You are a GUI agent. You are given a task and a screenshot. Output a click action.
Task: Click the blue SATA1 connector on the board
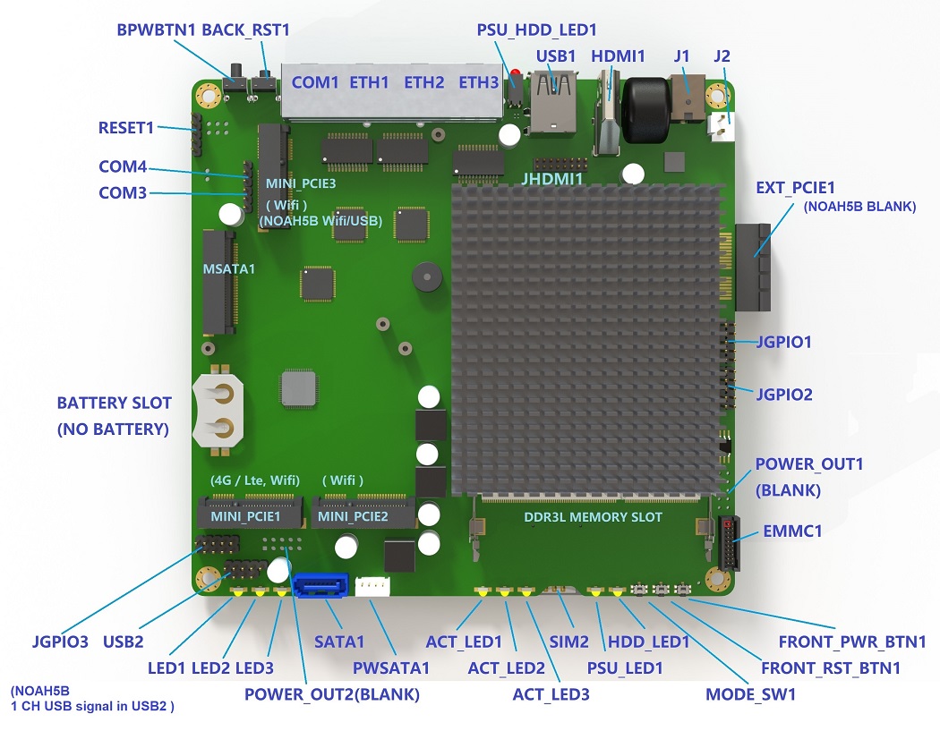click(x=320, y=585)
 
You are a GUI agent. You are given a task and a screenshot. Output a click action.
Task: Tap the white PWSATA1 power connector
click(x=372, y=587)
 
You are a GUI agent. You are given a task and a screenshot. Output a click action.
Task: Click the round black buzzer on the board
click(x=427, y=276)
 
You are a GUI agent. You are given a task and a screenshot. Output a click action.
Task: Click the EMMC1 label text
click(x=792, y=531)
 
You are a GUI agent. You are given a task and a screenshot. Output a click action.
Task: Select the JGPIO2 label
click(x=784, y=395)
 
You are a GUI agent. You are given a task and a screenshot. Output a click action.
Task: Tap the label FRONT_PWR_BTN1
click(x=852, y=642)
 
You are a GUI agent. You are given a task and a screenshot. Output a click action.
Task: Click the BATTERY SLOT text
click(x=114, y=403)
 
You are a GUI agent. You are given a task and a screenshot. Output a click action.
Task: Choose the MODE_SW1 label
click(x=750, y=694)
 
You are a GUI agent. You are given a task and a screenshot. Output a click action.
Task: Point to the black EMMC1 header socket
click(x=729, y=543)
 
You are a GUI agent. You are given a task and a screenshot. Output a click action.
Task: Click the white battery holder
click(x=218, y=411)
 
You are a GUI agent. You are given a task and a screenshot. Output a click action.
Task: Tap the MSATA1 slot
click(x=218, y=282)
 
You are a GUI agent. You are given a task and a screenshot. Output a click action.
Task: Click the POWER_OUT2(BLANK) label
click(x=331, y=694)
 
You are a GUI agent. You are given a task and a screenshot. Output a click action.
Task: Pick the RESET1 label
click(x=126, y=128)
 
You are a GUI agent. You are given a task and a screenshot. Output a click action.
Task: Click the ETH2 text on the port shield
click(x=423, y=82)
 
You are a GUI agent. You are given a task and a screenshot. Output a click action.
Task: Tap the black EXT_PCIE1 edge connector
click(x=752, y=268)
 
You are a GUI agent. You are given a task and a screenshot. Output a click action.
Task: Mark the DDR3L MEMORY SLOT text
click(x=593, y=517)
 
